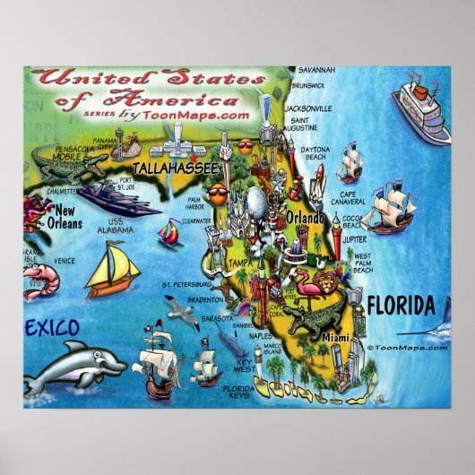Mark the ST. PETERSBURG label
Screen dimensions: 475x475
coord(185,285)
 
